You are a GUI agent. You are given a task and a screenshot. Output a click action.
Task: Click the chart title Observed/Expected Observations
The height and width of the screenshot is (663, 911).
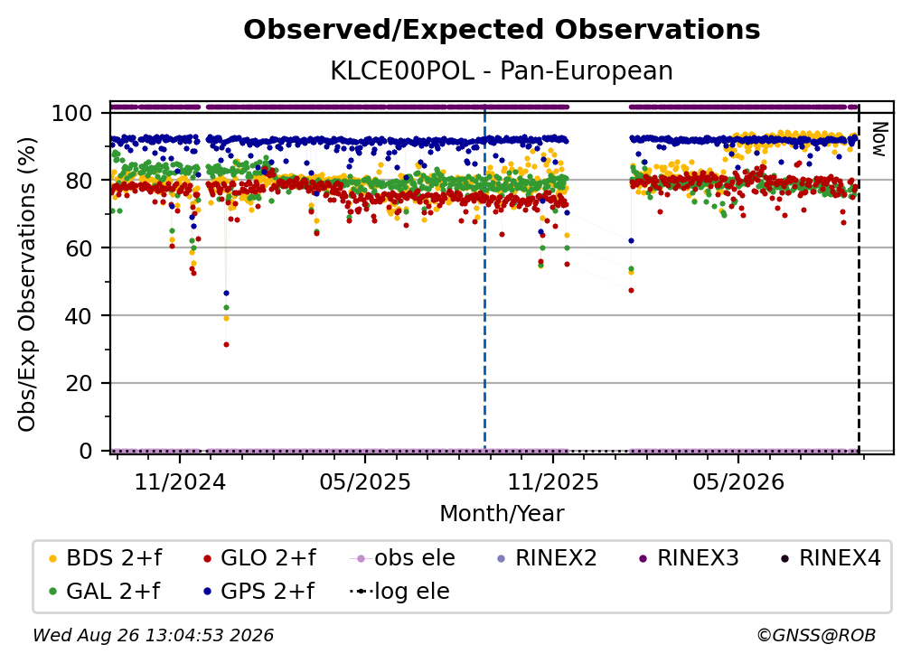(502, 30)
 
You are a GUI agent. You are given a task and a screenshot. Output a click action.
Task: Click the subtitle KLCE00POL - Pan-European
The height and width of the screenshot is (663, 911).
(502, 70)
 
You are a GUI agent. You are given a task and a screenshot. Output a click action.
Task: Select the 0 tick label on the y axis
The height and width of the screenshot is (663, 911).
(86, 451)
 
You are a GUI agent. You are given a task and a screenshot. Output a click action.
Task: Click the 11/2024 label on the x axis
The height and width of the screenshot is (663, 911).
(180, 482)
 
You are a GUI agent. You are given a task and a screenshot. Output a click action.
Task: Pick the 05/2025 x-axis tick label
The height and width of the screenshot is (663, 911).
(365, 482)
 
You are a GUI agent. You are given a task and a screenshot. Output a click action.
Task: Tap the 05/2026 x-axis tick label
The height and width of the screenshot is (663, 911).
(738, 482)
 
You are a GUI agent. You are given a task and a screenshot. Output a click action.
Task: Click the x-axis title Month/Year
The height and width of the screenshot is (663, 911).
(502, 514)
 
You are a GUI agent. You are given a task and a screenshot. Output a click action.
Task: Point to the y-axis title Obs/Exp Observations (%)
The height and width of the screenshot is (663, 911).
(27, 284)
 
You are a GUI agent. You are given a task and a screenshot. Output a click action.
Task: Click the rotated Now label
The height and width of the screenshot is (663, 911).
(879, 139)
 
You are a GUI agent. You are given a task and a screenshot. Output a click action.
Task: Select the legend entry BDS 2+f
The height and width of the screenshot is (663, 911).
(105, 558)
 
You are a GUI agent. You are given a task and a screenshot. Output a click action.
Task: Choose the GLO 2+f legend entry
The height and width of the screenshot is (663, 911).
(259, 558)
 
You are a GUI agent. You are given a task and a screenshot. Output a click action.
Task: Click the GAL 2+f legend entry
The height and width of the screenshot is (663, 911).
(105, 591)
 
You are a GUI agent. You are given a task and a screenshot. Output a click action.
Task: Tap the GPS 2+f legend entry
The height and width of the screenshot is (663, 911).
(259, 591)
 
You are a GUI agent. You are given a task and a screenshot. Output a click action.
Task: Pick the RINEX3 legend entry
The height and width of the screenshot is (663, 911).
(689, 558)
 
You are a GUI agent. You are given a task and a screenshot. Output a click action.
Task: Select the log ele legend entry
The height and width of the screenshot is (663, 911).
(399, 591)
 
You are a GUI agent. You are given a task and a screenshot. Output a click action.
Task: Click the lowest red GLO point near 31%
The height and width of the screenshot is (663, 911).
(226, 345)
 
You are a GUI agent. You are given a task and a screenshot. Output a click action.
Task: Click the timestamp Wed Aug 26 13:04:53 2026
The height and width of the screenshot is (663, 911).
(153, 635)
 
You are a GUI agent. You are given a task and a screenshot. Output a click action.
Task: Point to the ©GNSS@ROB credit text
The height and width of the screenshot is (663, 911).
(816, 635)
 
